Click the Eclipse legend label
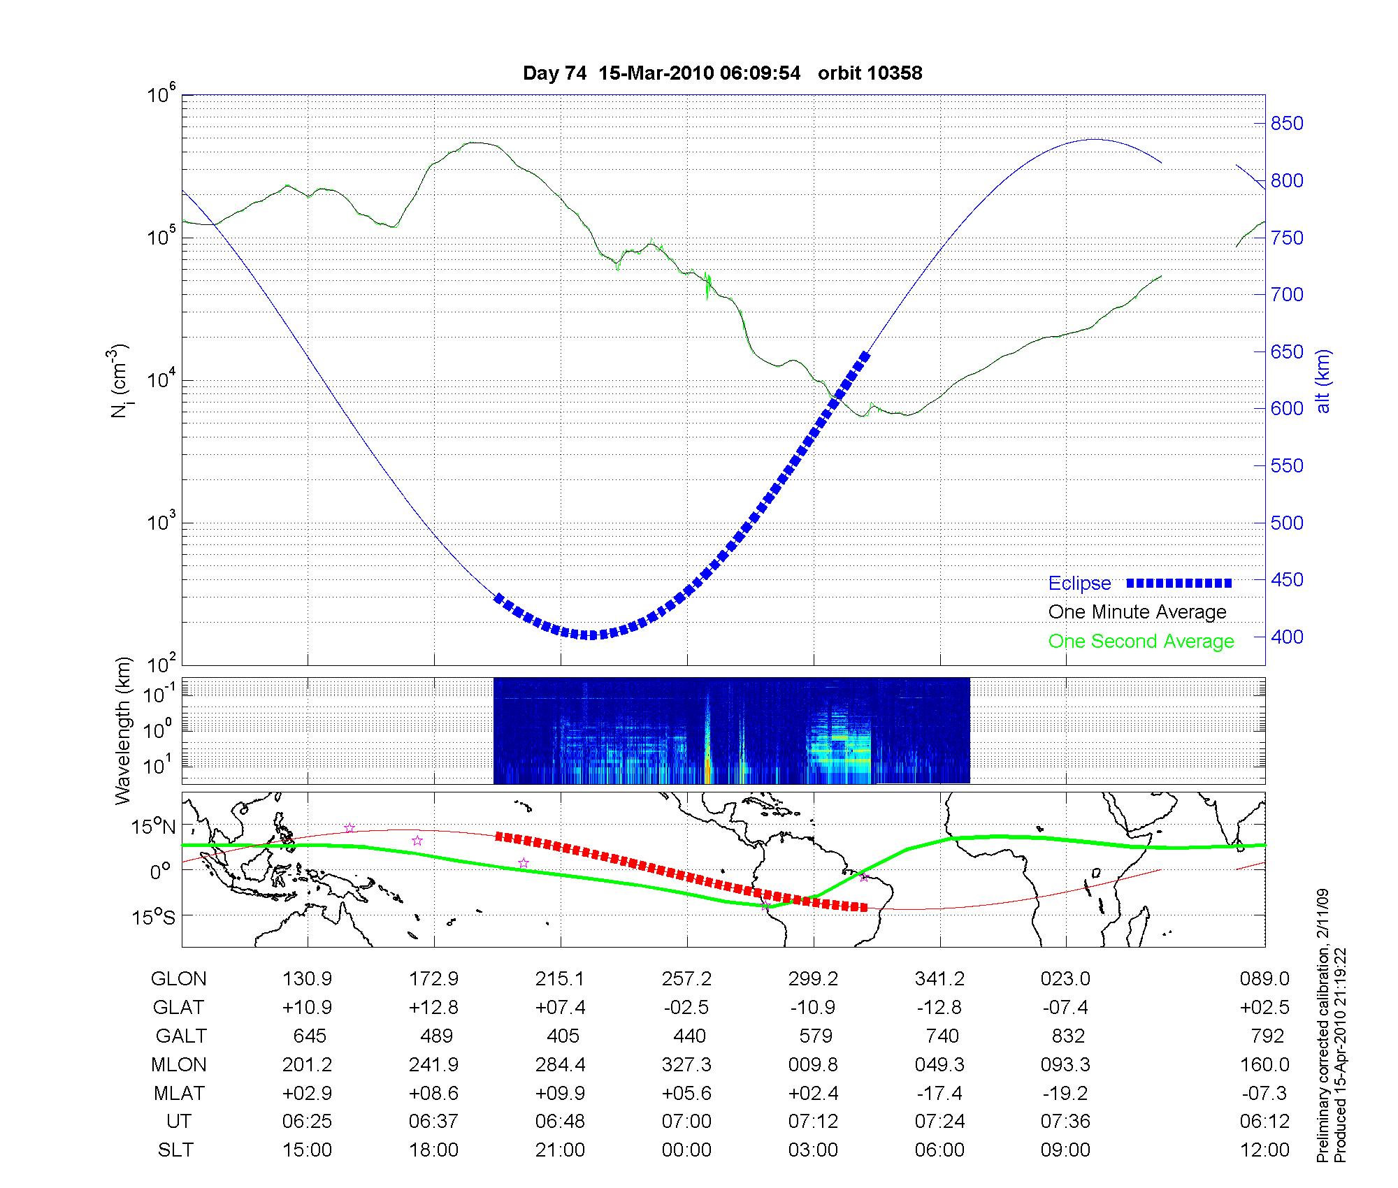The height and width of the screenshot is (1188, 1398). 1079,584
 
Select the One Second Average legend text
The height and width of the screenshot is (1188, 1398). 1141,642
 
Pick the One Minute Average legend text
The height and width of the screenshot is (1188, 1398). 1137,612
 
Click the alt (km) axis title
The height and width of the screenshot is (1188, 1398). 1323,381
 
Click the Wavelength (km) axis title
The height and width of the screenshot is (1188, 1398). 124,731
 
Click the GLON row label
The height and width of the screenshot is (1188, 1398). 179,979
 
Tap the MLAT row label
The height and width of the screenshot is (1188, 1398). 179,1093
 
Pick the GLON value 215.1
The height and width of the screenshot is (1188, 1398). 560,979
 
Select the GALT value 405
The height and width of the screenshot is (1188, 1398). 563,1036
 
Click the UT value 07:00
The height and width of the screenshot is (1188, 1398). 686,1122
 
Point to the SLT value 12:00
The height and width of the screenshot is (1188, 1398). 1265,1150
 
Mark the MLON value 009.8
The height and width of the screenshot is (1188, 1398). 814,1065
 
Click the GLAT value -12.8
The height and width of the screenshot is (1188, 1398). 940,1008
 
